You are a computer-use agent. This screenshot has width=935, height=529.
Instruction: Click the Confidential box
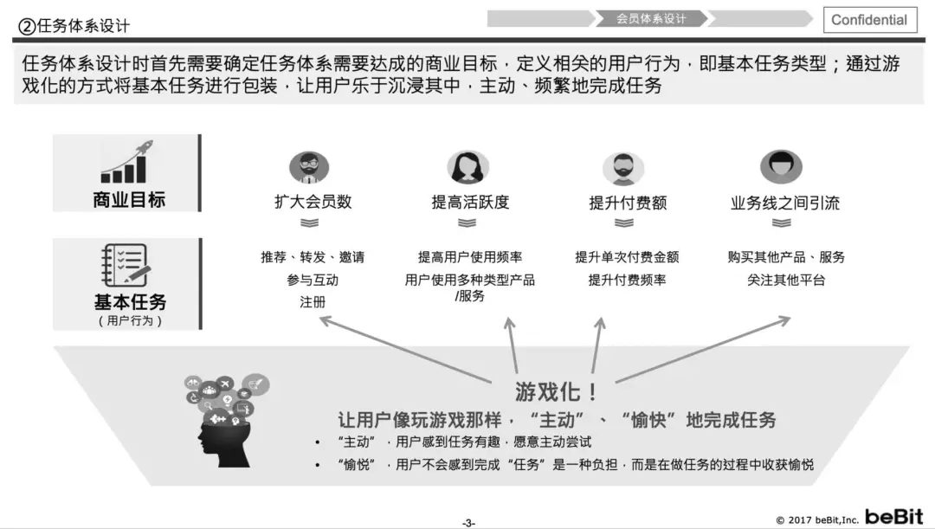coord(869,20)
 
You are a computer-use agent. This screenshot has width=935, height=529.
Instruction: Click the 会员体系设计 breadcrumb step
coord(651,18)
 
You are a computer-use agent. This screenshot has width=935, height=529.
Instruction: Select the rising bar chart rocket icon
coord(126,162)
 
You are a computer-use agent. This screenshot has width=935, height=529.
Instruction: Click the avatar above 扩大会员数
coord(309,167)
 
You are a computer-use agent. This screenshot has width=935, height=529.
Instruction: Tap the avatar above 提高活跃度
coord(467,167)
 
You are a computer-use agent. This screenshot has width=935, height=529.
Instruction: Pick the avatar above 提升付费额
coord(623,167)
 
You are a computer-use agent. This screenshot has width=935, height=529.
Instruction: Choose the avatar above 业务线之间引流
coord(781,166)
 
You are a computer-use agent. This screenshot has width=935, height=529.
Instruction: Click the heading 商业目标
coord(128,200)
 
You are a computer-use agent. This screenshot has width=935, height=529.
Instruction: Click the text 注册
coord(313,302)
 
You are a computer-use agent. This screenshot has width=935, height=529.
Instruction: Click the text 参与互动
coord(313,280)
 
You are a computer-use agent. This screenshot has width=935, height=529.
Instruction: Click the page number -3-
coord(467,522)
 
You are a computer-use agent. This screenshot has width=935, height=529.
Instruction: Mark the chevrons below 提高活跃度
coord(467,223)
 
